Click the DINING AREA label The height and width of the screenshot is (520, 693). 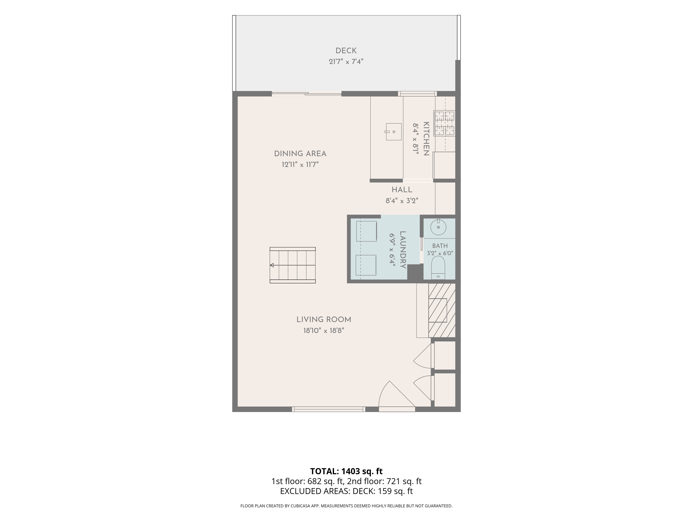[x=300, y=154]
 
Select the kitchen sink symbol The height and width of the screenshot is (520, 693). [x=393, y=132]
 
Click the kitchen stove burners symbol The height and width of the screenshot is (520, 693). [x=445, y=123]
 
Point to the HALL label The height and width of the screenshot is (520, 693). [x=402, y=190]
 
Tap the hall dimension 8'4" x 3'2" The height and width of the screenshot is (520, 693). [x=402, y=201]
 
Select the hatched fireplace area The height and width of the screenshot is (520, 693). [x=442, y=310]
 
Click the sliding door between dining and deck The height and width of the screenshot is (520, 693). [x=306, y=93]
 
